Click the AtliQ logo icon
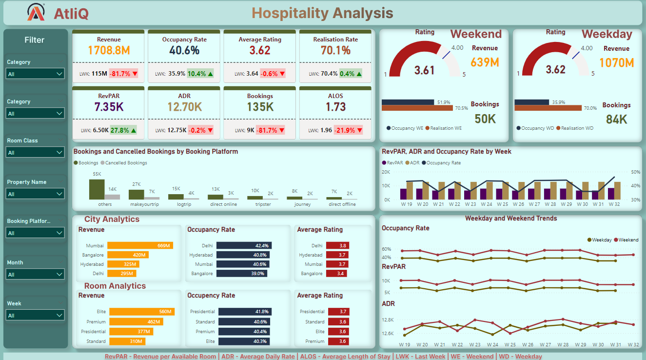point(37,12)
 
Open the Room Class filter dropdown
point(35,153)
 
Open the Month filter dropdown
point(35,275)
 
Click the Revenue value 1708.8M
point(109,50)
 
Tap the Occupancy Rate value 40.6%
point(184,50)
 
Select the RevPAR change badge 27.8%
point(123,130)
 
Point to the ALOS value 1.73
point(335,107)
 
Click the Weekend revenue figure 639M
point(485,62)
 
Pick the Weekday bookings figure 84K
point(616,120)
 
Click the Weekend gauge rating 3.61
point(424,70)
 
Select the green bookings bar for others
point(97,189)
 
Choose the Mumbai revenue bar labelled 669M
point(140,246)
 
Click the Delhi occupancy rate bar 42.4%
point(244,246)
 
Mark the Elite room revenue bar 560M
point(142,312)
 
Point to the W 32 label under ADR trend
point(633,344)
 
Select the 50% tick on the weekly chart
point(635,172)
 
